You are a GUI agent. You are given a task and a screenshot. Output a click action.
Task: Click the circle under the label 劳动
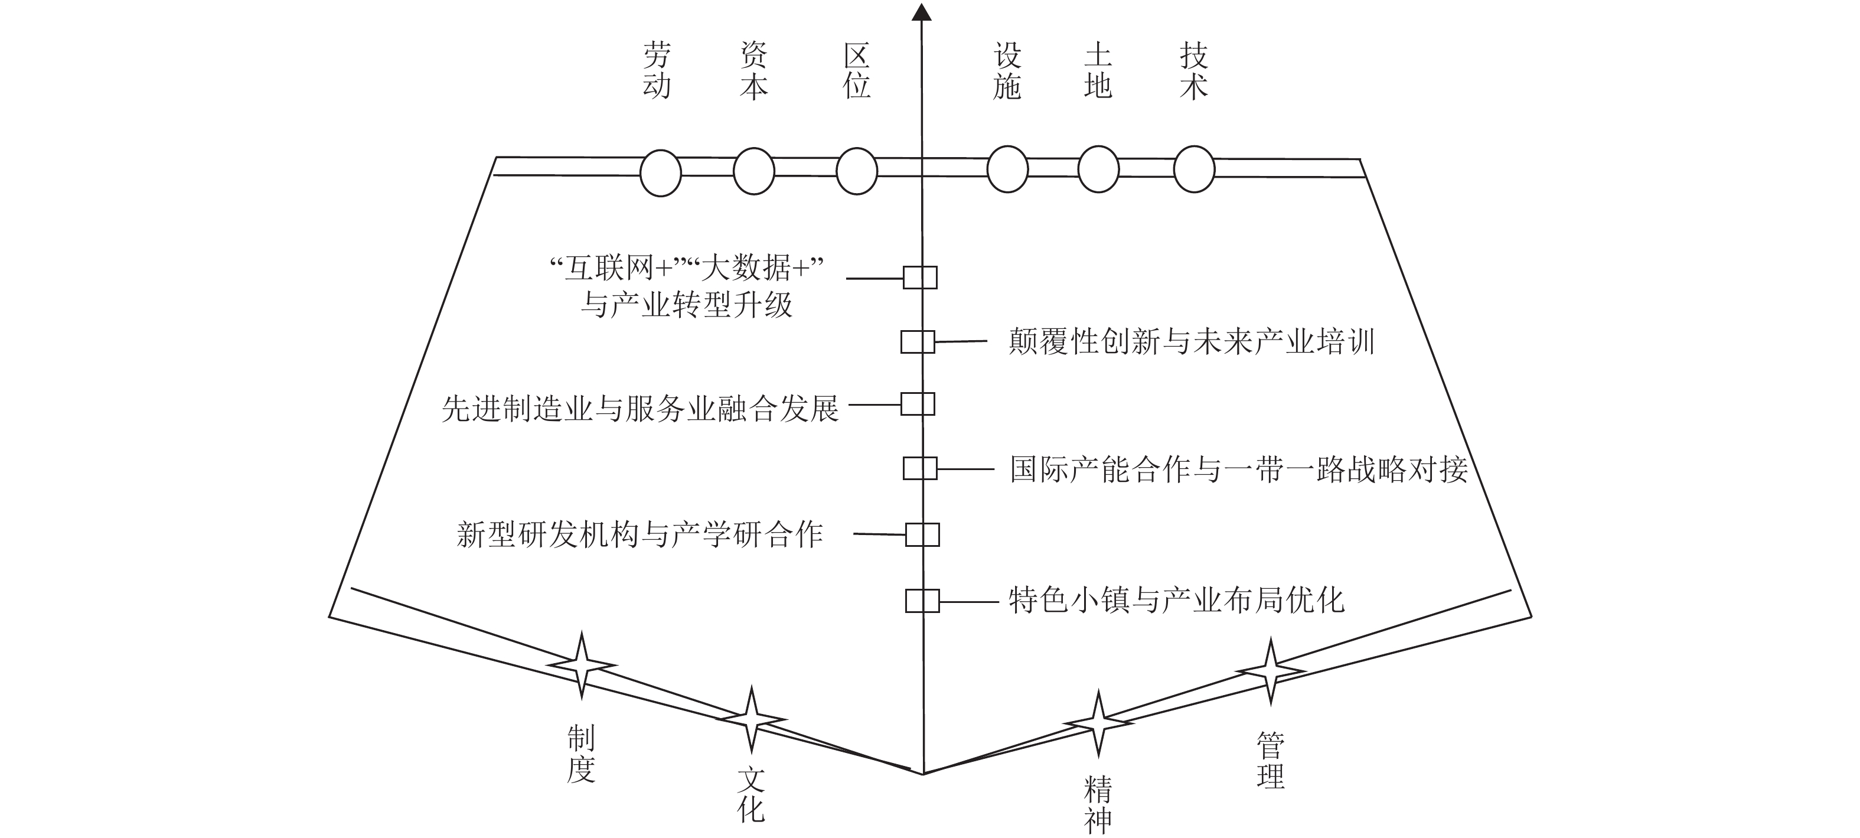[661, 174]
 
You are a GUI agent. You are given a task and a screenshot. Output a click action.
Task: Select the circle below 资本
[754, 171]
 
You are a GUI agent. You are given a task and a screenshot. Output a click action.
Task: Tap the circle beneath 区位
[856, 171]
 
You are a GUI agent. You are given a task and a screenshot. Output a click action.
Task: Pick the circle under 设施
[1007, 169]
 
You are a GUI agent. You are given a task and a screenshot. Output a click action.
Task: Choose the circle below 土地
[1098, 169]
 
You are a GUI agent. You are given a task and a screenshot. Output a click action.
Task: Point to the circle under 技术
[1195, 169]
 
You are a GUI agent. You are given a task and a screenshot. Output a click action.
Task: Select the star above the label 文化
[751, 719]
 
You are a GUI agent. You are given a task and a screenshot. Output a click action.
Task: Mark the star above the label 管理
[1270, 671]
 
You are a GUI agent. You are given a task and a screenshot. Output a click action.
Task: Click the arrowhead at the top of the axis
[921, 12]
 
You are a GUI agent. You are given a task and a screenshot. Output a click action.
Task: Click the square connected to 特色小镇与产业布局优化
[922, 601]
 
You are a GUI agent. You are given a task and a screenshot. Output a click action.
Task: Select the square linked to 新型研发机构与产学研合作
[922, 534]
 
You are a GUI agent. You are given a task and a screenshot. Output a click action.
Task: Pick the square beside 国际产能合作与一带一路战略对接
[920, 468]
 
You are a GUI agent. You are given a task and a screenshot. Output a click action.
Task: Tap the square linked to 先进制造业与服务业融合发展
[918, 404]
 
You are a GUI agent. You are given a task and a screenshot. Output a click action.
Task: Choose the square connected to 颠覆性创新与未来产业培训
[918, 342]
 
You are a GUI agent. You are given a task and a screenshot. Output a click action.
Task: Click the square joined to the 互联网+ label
[920, 278]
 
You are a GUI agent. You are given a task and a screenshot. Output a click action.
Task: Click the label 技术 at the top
[1193, 71]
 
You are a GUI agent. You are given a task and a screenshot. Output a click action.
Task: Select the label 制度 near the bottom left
[581, 754]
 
